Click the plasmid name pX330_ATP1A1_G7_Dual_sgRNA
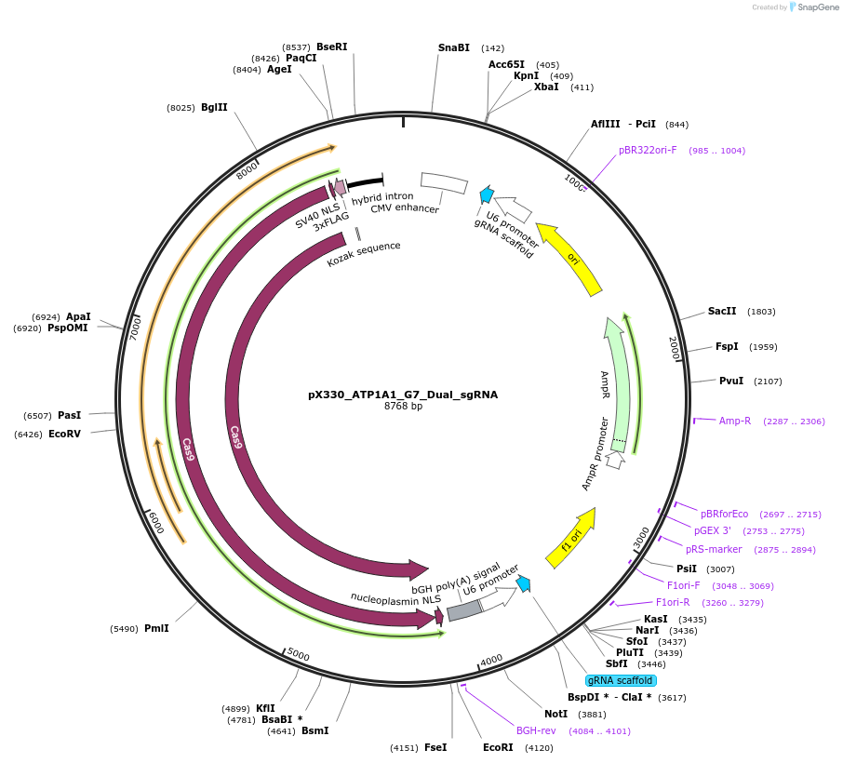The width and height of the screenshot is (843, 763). coord(403,395)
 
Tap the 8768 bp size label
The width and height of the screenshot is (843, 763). coord(403,407)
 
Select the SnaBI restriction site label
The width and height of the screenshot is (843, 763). coord(454,47)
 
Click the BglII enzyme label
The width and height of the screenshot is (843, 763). coord(214,107)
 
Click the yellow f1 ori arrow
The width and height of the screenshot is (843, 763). coord(570,539)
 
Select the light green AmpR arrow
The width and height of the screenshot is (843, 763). coord(617,381)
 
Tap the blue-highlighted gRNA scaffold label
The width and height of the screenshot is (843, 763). coord(620,680)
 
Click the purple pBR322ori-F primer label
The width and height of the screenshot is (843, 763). coord(648,150)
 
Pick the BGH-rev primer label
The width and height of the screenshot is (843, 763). coord(536,730)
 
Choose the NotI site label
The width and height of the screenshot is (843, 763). coord(555,714)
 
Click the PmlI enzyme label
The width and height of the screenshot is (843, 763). coord(156,628)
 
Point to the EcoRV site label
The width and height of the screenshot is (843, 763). coord(65,434)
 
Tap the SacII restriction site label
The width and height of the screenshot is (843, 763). coord(722,311)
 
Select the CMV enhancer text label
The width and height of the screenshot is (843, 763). coord(405,208)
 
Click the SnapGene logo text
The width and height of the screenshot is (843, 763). coord(816,7)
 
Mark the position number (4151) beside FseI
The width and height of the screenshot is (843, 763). coord(404,747)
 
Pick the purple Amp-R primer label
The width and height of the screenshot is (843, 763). coord(735,421)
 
